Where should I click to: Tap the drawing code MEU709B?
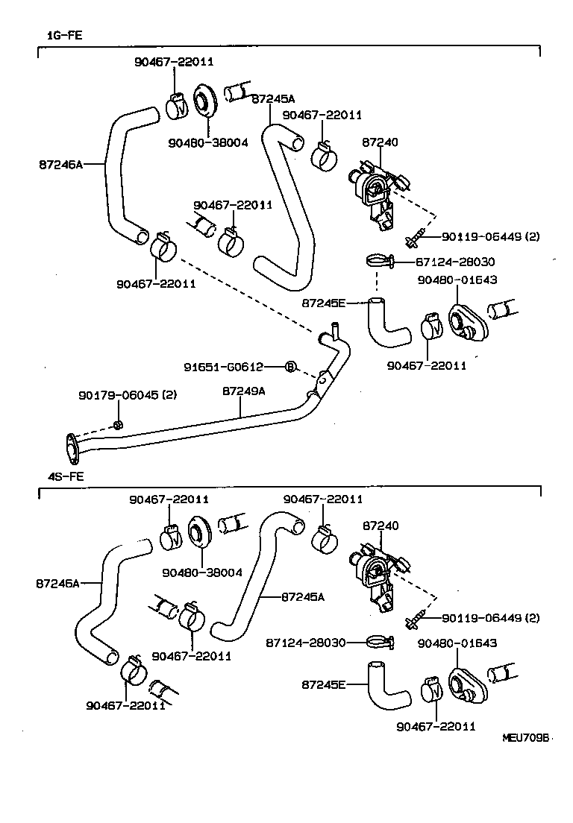point(525,737)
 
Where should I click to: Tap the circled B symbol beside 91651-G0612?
point(291,366)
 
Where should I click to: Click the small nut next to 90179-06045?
point(118,425)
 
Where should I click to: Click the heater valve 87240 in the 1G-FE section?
point(375,190)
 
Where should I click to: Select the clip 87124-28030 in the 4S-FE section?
point(380,641)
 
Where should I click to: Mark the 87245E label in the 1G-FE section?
point(324,303)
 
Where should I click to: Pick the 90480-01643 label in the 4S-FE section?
point(457,642)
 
